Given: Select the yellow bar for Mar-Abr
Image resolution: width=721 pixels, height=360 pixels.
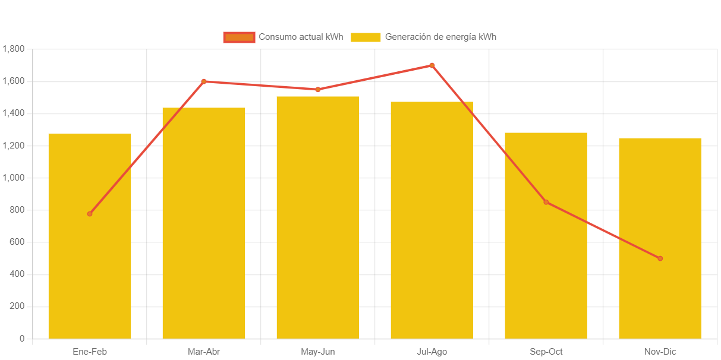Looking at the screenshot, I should coord(203,238).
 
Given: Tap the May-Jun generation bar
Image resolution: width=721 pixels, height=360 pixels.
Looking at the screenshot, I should coord(317,226).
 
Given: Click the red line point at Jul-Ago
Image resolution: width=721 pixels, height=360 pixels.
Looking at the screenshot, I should coord(432,65).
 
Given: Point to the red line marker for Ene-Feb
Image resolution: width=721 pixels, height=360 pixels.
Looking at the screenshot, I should coord(90,214).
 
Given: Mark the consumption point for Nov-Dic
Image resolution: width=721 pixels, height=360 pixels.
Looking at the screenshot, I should coord(660,258).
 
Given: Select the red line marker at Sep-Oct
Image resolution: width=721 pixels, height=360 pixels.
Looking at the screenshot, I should coord(546,203).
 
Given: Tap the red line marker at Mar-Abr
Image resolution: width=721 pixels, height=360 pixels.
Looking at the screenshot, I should coord(204,81).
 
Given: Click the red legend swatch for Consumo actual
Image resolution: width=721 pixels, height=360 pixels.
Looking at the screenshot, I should coord(239,37).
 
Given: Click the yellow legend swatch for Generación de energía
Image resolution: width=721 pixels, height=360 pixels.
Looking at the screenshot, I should coord(365,37).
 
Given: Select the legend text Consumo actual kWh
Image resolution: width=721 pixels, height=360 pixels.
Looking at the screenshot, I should coord(301,37).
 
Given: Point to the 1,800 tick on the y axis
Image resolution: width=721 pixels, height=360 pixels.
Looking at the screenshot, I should coord(13,49).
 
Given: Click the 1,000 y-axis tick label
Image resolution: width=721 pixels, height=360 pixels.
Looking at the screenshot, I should coord(13,178).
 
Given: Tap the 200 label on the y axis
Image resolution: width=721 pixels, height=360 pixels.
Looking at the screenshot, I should coord(17,306).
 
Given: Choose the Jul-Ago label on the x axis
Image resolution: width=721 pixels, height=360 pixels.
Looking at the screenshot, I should coord(432,352).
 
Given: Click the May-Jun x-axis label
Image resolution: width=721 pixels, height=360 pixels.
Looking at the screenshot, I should coord(317,352).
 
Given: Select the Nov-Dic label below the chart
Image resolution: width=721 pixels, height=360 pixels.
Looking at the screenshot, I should coord(660,352).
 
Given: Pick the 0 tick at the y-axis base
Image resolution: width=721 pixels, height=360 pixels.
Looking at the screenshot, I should coord(22,339).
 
